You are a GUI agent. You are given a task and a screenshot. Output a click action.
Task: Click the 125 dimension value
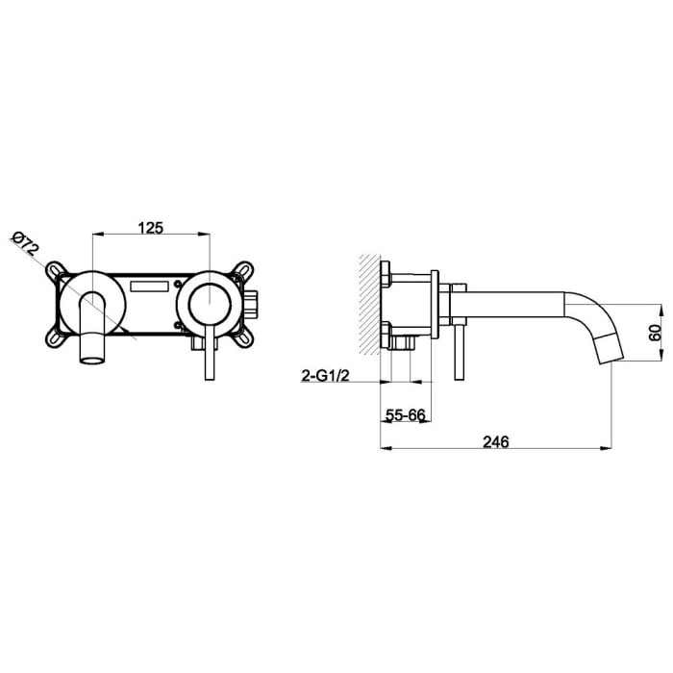[151, 227]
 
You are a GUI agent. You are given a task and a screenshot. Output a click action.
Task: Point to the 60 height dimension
[654, 333]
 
